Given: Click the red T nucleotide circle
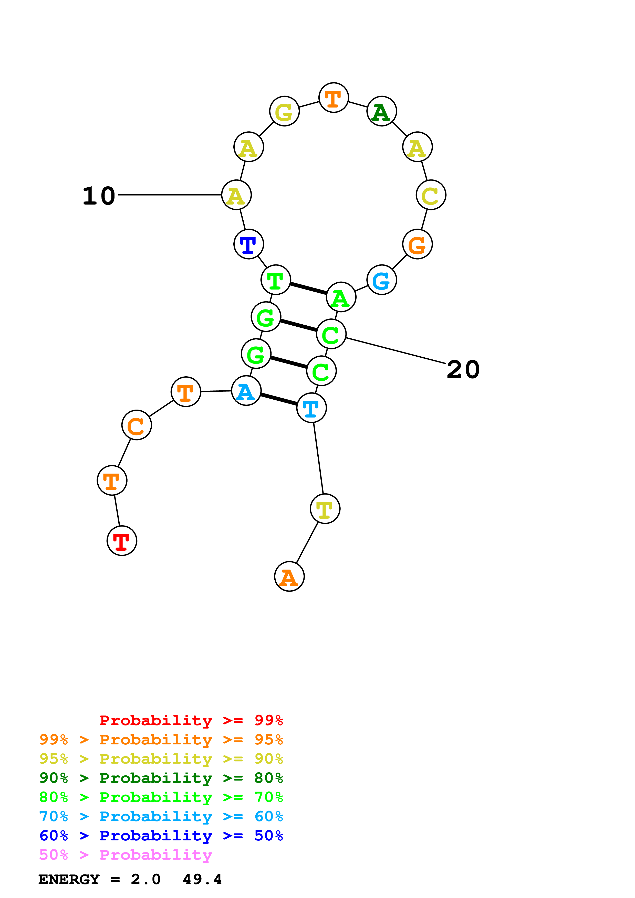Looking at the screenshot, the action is point(122,541).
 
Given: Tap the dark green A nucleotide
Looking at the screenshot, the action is point(381,111).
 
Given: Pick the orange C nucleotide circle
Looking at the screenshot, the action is point(137,425).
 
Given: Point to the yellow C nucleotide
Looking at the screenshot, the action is point(431,195).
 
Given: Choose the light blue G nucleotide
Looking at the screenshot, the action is point(381,280).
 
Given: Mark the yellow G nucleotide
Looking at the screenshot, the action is point(284,111).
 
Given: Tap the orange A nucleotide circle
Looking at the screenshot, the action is point(289,576).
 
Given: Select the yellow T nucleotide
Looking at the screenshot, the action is point(325,509).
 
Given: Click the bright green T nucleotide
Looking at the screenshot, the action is point(276,280).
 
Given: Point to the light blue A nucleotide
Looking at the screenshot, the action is point(246,391).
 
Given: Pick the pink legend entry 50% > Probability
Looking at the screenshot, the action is point(126,855).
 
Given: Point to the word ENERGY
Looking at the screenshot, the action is point(69,880).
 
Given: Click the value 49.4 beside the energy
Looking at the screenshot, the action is point(202,880).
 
